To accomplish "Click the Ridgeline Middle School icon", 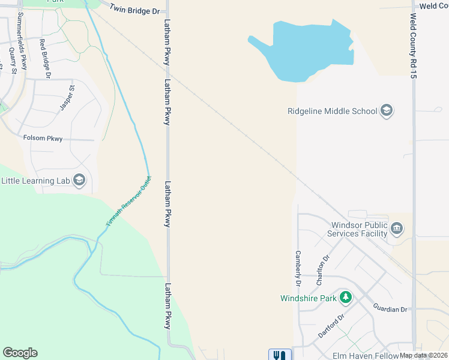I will (x=387, y=110).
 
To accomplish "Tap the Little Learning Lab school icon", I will (x=79, y=180).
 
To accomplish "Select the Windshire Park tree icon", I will (x=346, y=298).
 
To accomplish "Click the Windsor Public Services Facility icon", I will (x=397, y=229).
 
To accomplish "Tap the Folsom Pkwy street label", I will (x=43, y=138).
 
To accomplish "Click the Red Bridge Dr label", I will (x=44, y=58).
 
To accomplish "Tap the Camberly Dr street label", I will (x=297, y=268).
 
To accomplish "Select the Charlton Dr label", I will (x=323, y=270).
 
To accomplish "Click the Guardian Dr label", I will (x=390, y=309).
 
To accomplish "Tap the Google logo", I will (x=20, y=353).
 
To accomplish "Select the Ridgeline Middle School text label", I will (x=332, y=111).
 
